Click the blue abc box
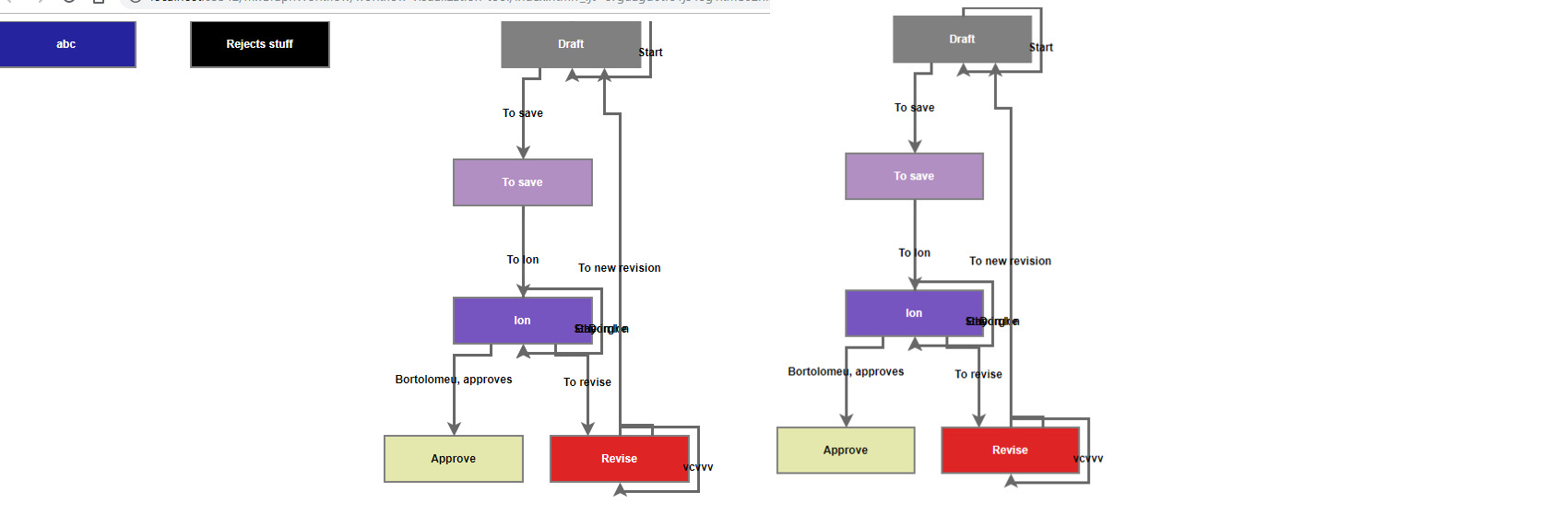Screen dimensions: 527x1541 [x=67, y=44]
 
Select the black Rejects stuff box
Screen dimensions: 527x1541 [x=259, y=44]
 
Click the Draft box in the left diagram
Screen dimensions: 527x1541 [x=570, y=44]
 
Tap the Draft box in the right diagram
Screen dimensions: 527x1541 [x=961, y=40]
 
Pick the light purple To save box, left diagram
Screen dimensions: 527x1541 [x=522, y=182]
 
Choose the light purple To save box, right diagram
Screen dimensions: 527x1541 [x=914, y=176]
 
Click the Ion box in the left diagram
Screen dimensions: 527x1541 [x=522, y=321]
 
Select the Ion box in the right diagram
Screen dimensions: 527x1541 [x=914, y=313]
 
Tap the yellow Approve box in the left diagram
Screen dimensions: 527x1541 [x=453, y=459]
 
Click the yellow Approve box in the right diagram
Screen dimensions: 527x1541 [x=846, y=451]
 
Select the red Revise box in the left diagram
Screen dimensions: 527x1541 [x=619, y=459]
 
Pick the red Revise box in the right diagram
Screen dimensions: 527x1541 [x=1010, y=451]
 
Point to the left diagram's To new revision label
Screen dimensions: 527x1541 [x=619, y=268]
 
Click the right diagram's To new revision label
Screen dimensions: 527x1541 [x=1010, y=262]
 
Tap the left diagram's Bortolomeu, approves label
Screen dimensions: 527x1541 [x=453, y=380]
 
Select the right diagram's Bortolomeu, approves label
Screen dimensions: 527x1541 [x=846, y=372]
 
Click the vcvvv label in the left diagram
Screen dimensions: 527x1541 [x=698, y=467]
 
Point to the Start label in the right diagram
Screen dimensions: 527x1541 [x=1041, y=48]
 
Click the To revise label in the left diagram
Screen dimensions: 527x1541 [x=587, y=382]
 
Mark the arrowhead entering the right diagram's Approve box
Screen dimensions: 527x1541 [x=846, y=420]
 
